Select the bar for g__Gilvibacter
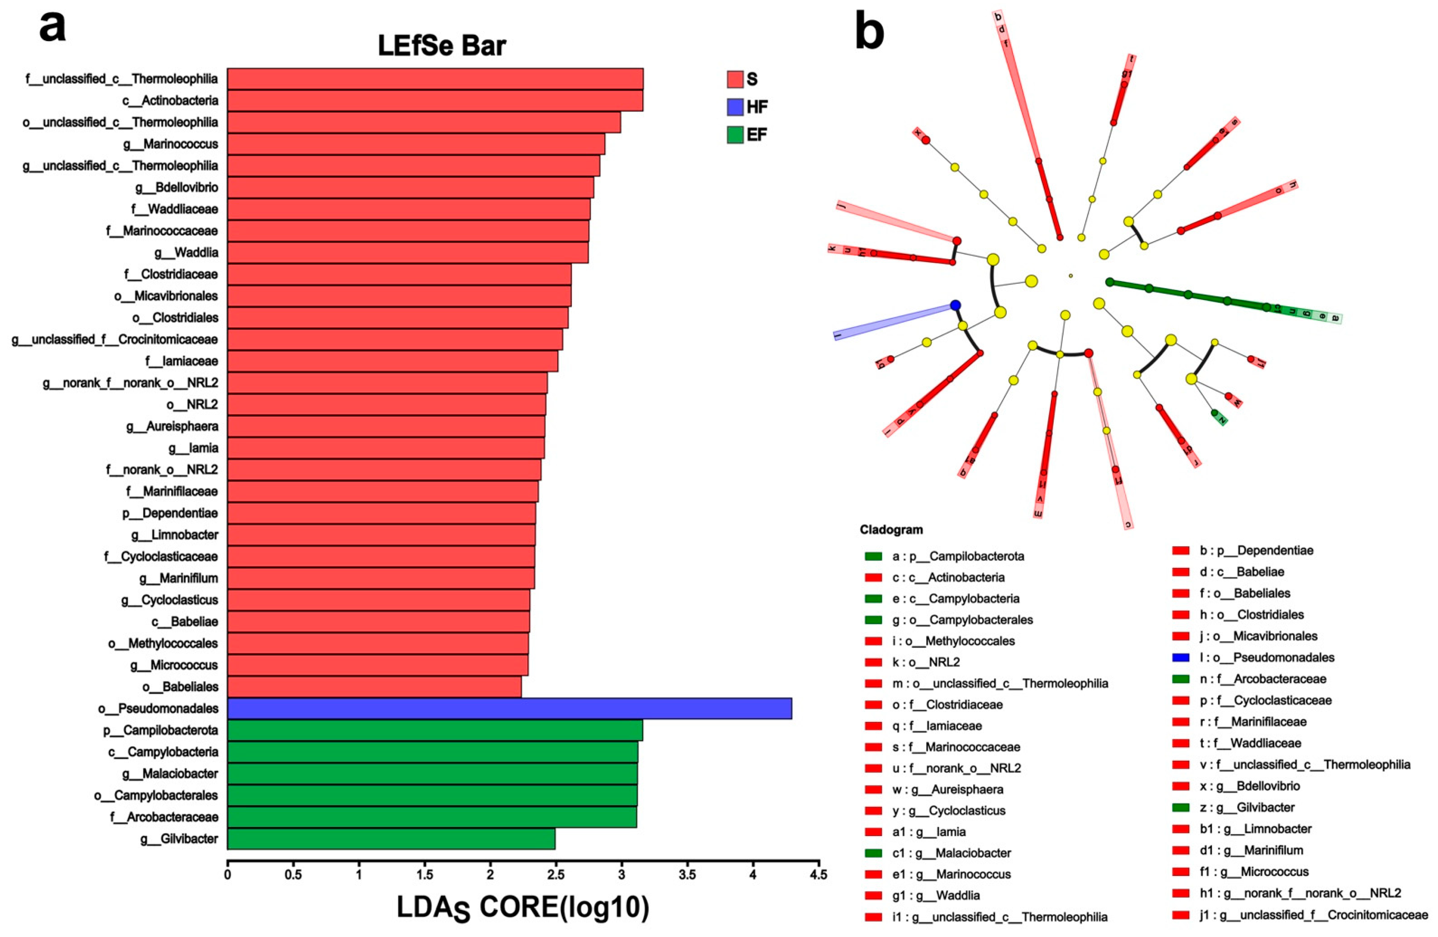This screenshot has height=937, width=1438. pos(391,839)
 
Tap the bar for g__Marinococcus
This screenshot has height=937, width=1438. pos(416,144)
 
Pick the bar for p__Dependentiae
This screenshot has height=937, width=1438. pos(381,513)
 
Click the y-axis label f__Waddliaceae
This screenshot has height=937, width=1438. pos(174,209)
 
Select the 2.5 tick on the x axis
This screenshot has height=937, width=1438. pos(555,875)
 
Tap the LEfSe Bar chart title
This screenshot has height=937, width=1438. pos(442,46)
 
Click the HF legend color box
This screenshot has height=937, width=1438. pos(735,107)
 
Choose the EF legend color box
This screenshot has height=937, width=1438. pos(735,134)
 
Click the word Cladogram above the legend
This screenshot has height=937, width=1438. pos(891,530)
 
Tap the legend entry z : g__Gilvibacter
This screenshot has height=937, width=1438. pos(1247,807)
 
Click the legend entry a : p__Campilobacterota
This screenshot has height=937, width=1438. pos(958,556)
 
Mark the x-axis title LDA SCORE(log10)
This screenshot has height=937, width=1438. pos(522,908)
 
